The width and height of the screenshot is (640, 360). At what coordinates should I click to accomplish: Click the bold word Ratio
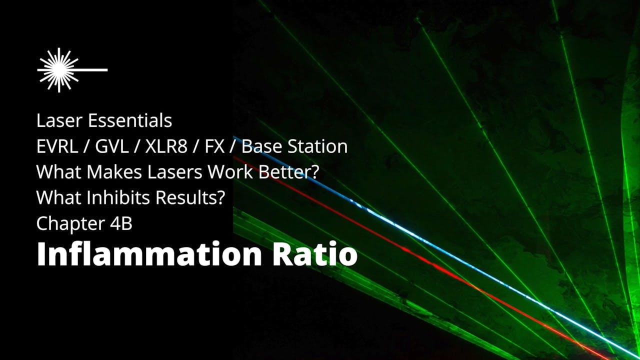click(x=314, y=254)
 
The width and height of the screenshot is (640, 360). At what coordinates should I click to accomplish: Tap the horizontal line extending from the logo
click(x=92, y=70)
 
